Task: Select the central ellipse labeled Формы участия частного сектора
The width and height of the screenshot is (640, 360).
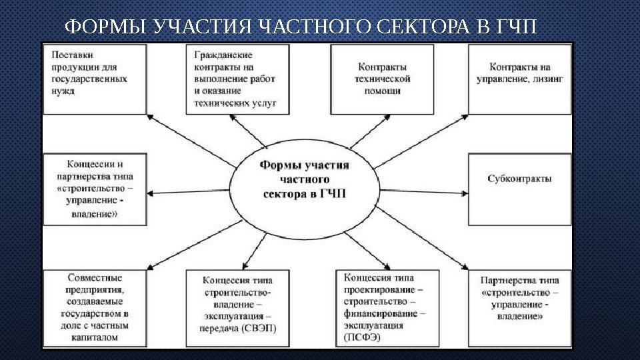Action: (303, 181)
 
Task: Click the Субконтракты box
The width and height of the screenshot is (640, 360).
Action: (519, 189)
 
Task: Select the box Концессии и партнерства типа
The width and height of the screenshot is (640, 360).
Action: (94, 189)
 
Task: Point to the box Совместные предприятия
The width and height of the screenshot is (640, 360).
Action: (94, 307)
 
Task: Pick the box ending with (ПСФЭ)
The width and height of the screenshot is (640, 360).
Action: (385, 307)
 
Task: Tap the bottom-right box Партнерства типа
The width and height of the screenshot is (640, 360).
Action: (519, 307)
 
